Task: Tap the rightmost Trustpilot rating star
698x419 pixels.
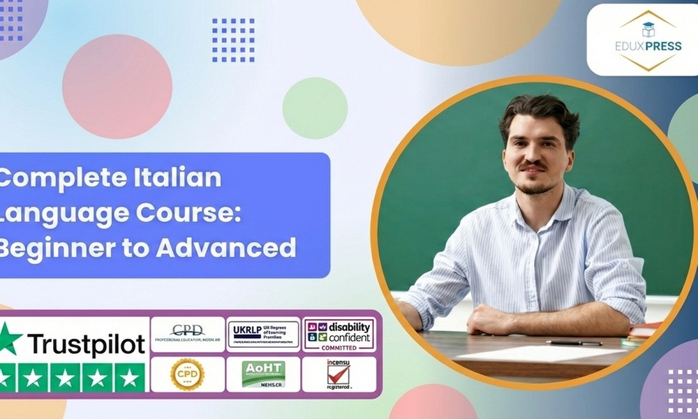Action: pos(128,378)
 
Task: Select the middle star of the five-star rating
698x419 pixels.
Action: pos(65,378)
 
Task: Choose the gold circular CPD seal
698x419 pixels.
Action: pos(187,374)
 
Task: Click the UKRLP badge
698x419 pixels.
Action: pos(263,335)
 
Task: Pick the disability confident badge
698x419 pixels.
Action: pos(339,335)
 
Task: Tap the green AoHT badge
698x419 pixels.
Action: pos(263,374)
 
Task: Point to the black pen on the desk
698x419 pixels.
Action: pos(574,343)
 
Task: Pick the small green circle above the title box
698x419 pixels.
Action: pos(315,108)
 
